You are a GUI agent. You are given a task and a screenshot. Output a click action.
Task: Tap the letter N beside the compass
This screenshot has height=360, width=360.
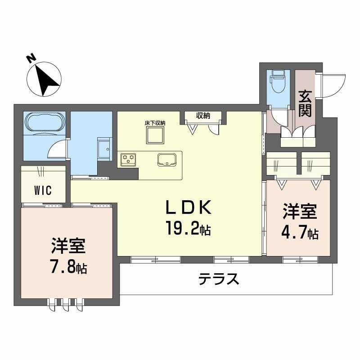pyautogui.click(x=30, y=58)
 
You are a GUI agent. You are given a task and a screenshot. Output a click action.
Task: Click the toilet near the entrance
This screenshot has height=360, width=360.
pyautogui.click(x=279, y=82)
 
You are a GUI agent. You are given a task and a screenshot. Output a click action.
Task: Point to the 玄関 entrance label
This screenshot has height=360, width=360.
pyautogui.click(x=305, y=103)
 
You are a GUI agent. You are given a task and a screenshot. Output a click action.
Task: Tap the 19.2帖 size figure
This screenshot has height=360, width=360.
pyautogui.click(x=188, y=229)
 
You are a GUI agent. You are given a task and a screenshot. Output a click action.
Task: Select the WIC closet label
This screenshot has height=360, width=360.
pyautogui.click(x=43, y=190)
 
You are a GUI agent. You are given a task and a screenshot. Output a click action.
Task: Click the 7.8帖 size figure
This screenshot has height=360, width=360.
pyautogui.click(x=68, y=268)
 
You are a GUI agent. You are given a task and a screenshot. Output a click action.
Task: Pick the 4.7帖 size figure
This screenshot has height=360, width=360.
pyautogui.click(x=300, y=233)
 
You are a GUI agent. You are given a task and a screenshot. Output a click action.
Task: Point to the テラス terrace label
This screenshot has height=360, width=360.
pyautogui.click(x=219, y=279)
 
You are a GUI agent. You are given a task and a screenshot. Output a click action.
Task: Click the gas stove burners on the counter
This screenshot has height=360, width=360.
pyautogui.click(x=128, y=158)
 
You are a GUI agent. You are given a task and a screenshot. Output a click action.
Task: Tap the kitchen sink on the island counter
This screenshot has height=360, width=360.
pyautogui.click(x=166, y=159)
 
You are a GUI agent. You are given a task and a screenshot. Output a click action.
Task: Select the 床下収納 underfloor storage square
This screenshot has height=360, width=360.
pyautogui.click(x=154, y=134)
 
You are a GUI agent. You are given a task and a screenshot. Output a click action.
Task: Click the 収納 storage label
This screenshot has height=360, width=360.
pyautogui.click(x=203, y=116)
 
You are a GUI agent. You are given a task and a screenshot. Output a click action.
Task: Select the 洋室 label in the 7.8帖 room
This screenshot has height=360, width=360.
pyautogui.click(x=68, y=247)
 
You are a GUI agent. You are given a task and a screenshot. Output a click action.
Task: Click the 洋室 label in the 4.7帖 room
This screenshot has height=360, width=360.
pyautogui.click(x=300, y=211)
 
